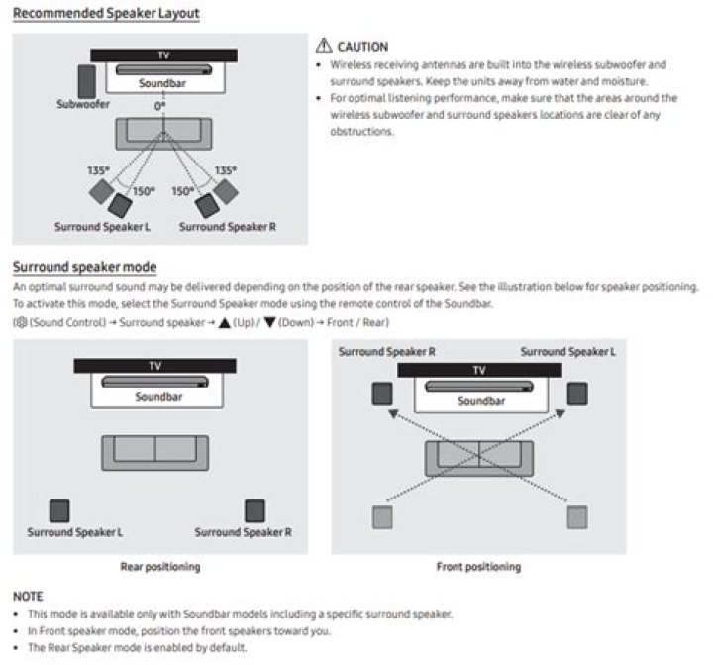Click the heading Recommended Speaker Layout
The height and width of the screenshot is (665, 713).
[x=106, y=14]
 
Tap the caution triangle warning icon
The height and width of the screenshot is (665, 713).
[x=322, y=47]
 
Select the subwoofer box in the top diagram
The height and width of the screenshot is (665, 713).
[x=88, y=80]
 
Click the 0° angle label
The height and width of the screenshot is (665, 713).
[x=159, y=104]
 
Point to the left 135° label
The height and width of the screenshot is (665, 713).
[x=96, y=170]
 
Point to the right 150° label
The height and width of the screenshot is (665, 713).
[x=183, y=191]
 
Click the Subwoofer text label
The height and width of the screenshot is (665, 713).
[x=83, y=103]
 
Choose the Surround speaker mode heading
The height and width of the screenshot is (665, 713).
[x=84, y=268]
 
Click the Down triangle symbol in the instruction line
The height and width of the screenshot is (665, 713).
[x=269, y=323]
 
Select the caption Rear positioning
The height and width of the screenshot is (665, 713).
[x=159, y=567]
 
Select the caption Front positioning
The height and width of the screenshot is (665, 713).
[x=478, y=567]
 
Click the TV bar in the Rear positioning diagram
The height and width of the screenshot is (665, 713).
[x=155, y=366]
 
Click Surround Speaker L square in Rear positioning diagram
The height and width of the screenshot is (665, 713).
[x=60, y=510]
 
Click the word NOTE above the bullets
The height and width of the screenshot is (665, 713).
[x=28, y=598]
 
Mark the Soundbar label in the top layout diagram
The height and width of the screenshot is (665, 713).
[x=161, y=84]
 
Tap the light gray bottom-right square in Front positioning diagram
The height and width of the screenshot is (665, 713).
[x=576, y=515]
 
